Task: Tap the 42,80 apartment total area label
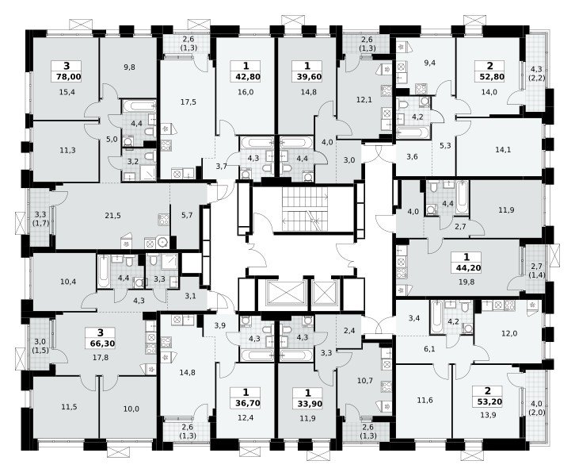[x=246, y=77]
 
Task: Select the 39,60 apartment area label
[x=307, y=77]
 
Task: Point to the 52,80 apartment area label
[x=490, y=77]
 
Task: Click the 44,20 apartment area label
[x=466, y=268]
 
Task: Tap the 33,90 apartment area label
[x=307, y=404]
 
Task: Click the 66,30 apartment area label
[x=101, y=344]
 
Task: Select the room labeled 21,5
[x=112, y=216]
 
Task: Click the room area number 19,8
[x=466, y=282]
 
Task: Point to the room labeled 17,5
[x=188, y=102]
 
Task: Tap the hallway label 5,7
[x=187, y=215]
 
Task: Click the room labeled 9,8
[x=129, y=67]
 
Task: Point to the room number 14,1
[x=503, y=149]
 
